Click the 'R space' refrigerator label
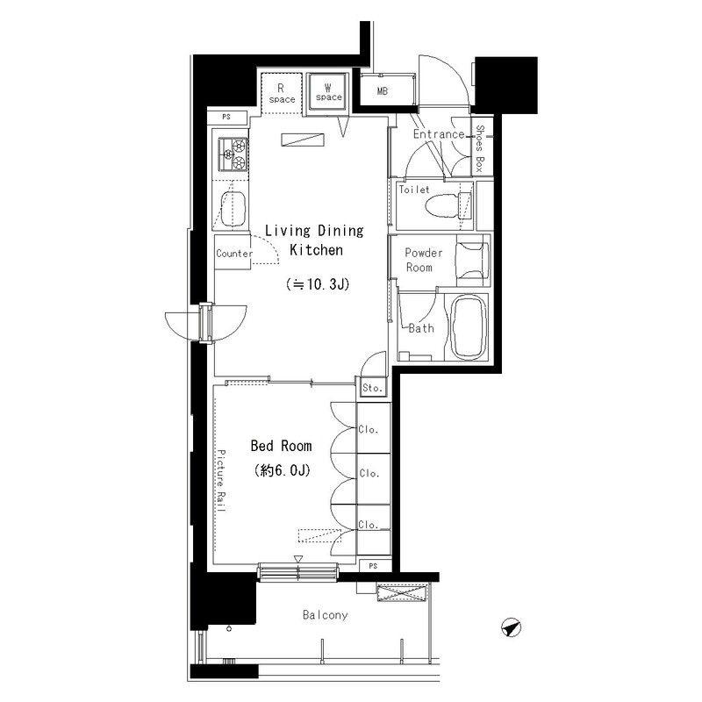(282, 94)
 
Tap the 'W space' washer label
(328, 92)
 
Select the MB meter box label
(383, 91)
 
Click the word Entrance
(439, 134)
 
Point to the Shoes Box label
(479, 148)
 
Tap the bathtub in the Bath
(469, 326)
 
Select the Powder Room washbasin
(472, 261)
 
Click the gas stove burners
(233, 154)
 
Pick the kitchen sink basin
(233, 209)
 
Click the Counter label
(234, 254)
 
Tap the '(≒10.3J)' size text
(318, 284)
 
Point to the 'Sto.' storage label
(372, 388)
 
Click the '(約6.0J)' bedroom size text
(282, 470)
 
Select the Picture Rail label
(221, 481)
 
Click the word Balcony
(325, 615)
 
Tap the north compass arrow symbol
(511, 627)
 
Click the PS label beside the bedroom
(373, 566)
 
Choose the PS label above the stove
(226, 117)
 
